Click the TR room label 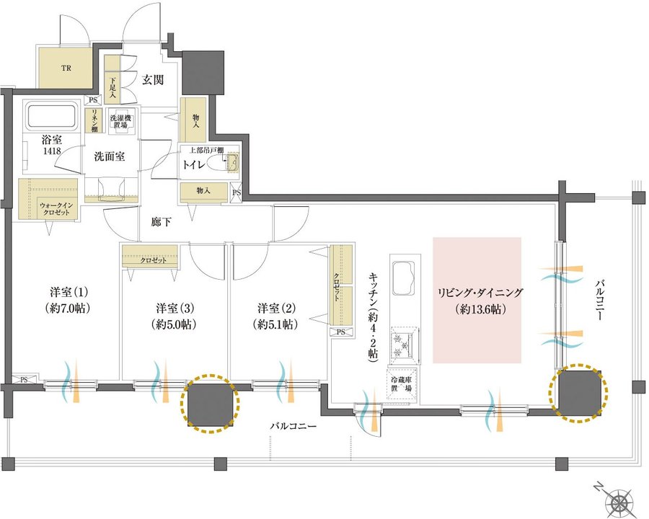(66, 68)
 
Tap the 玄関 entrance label (153, 79)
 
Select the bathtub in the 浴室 (52, 116)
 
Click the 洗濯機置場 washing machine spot (120, 122)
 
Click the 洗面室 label (110, 157)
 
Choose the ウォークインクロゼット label (56, 208)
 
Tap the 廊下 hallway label (161, 222)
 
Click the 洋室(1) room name (69, 293)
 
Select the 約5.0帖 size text (174, 324)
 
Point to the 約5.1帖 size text (275, 324)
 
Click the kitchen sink (403, 278)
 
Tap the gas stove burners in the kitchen (404, 342)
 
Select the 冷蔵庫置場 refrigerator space (402, 384)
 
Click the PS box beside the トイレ (236, 192)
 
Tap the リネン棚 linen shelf (94, 120)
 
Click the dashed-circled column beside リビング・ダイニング (578, 393)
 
